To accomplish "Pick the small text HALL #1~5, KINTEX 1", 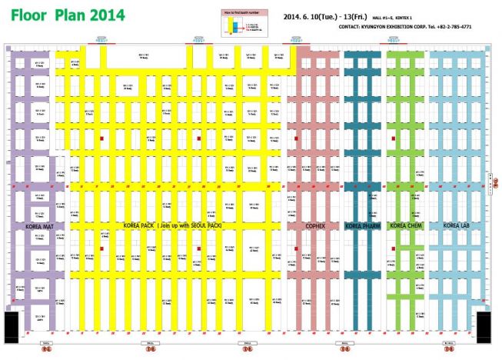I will coord(393,17).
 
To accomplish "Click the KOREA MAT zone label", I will coord(38,226).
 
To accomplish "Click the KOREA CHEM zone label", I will coord(404,226).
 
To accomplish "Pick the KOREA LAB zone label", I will coord(456,226).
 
